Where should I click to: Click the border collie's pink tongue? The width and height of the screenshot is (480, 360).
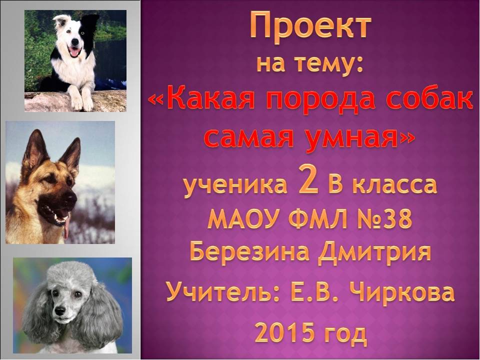click(x=74, y=52)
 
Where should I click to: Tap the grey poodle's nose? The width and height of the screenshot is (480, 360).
click(x=60, y=311)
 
